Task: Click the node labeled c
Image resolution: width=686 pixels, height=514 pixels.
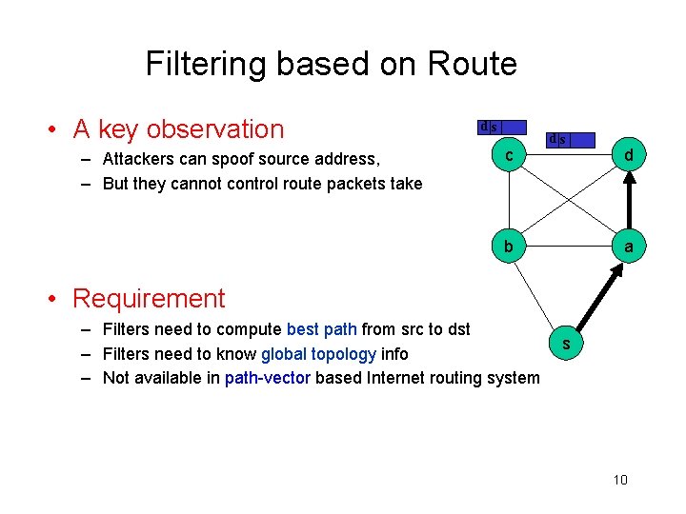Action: click(x=510, y=155)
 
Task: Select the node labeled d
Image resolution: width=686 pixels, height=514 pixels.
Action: click(x=628, y=155)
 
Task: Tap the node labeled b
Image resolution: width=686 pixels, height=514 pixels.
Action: click(x=510, y=247)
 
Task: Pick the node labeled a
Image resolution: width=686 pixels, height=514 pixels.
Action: click(x=628, y=247)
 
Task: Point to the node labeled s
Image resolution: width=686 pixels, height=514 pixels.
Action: click(x=567, y=345)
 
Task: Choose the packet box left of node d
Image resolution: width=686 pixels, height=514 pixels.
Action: click(x=571, y=140)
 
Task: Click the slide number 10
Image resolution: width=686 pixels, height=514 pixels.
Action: click(x=620, y=480)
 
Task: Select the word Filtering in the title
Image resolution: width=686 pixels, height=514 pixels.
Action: click(x=210, y=64)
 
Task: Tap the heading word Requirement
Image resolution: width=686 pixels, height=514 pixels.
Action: click(x=149, y=298)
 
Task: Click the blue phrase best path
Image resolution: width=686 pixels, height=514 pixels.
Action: click(x=321, y=330)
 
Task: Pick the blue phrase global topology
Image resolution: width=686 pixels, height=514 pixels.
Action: click(x=318, y=354)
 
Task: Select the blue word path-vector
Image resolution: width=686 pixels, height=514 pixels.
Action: click(x=267, y=378)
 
